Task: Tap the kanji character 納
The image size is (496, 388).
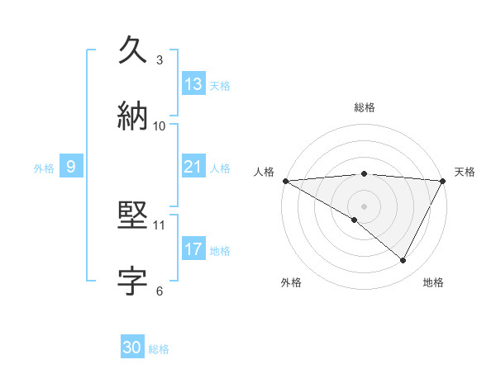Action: click(133, 115)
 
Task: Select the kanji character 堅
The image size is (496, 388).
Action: click(133, 215)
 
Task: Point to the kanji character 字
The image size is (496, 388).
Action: click(133, 281)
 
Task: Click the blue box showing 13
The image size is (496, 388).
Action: click(193, 84)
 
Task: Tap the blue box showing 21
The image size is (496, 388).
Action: click(193, 167)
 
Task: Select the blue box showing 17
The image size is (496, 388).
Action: click(193, 249)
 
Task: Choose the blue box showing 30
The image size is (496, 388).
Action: click(132, 348)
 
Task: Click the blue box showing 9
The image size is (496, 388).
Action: click(71, 167)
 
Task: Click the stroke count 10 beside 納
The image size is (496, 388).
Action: click(160, 125)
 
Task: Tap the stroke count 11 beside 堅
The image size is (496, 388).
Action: click(160, 225)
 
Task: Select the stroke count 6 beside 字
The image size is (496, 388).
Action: click(160, 291)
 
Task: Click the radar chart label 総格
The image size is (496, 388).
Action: click(364, 107)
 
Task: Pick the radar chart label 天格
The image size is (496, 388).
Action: click(465, 172)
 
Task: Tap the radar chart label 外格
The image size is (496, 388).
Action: click(291, 282)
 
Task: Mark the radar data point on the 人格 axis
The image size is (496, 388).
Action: click(285, 181)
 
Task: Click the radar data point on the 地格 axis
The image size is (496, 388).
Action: click(403, 261)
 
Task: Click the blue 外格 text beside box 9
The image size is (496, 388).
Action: click(44, 168)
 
